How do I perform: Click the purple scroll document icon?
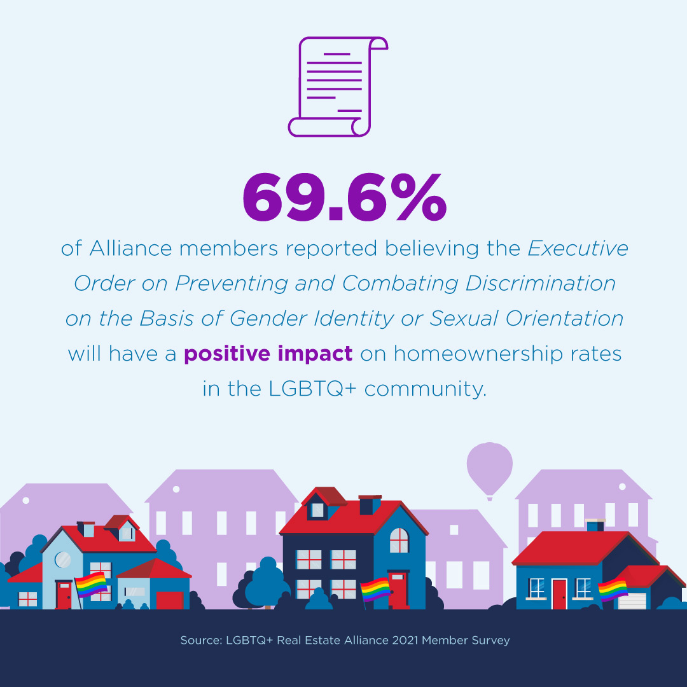pyautogui.click(x=337, y=87)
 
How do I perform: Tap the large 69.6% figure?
pyautogui.click(x=345, y=197)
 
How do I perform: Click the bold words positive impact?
pyautogui.click(x=268, y=354)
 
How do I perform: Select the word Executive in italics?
pyautogui.click(x=578, y=249)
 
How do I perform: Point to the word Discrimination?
pyautogui.click(x=540, y=284)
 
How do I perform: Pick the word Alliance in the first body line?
pyautogui.click(x=130, y=249)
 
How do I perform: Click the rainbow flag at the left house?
pyautogui.click(x=91, y=585)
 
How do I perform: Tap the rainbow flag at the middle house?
pyautogui.click(x=375, y=589)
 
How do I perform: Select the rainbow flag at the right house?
pyautogui.click(x=613, y=589)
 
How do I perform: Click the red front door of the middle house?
pyautogui.click(x=398, y=589)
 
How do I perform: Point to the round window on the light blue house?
pyautogui.click(x=62, y=560)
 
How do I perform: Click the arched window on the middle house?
pyautogui.click(x=399, y=540)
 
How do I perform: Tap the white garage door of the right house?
pyautogui.click(x=632, y=600)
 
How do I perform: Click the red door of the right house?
pyautogui.click(x=559, y=594)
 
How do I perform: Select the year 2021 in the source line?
pyautogui.click(x=405, y=640)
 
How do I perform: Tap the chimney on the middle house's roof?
pyautogui.click(x=370, y=504)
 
